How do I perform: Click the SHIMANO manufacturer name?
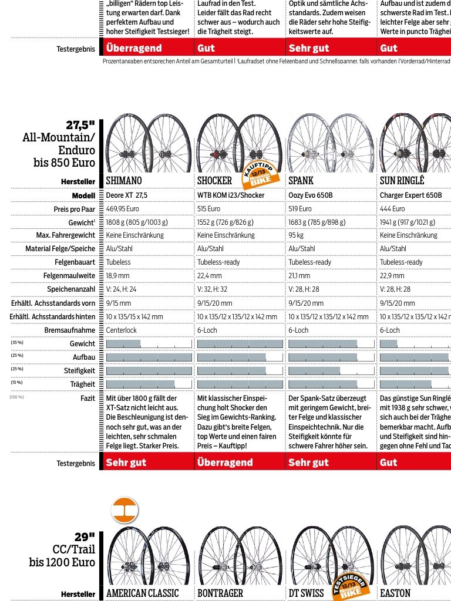click(x=124, y=181)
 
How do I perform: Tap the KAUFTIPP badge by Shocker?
click(x=260, y=173)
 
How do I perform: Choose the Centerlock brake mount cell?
click(x=122, y=330)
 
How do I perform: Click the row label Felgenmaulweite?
click(x=69, y=276)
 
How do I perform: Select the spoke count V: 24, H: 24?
click(x=122, y=289)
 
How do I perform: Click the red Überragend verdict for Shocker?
click(x=225, y=462)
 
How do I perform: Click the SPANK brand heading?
click(x=301, y=181)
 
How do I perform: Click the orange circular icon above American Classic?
click(x=124, y=510)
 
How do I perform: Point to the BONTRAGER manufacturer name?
click(x=220, y=593)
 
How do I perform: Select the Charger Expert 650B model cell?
click(x=410, y=195)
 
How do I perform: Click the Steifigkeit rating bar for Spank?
click(x=331, y=371)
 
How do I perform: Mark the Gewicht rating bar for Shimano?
click(x=149, y=344)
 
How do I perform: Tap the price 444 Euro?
click(x=392, y=208)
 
